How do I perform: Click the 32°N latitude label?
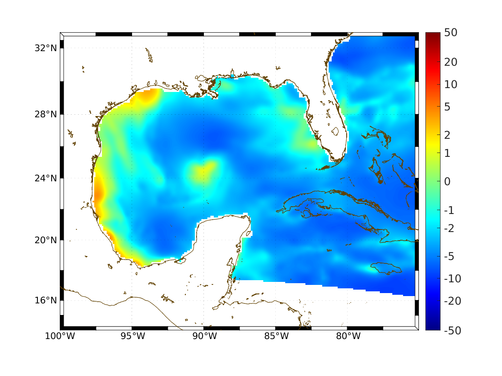(x=46, y=48)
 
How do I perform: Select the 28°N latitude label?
(x=46, y=114)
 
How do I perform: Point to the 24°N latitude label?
(x=46, y=178)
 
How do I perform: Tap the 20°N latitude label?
(x=46, y=240)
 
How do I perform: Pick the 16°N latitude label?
(x=46, y=300)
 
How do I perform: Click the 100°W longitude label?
(x=60, y=336)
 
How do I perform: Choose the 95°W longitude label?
(x=132, y=336)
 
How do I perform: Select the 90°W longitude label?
(x=204, y=336)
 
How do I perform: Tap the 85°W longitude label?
(x=276, y=336)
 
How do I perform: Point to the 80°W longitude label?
(x=348, y=336)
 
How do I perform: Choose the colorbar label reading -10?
(x=450, y=279)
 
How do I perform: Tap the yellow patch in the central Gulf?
(x=202, y=170)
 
